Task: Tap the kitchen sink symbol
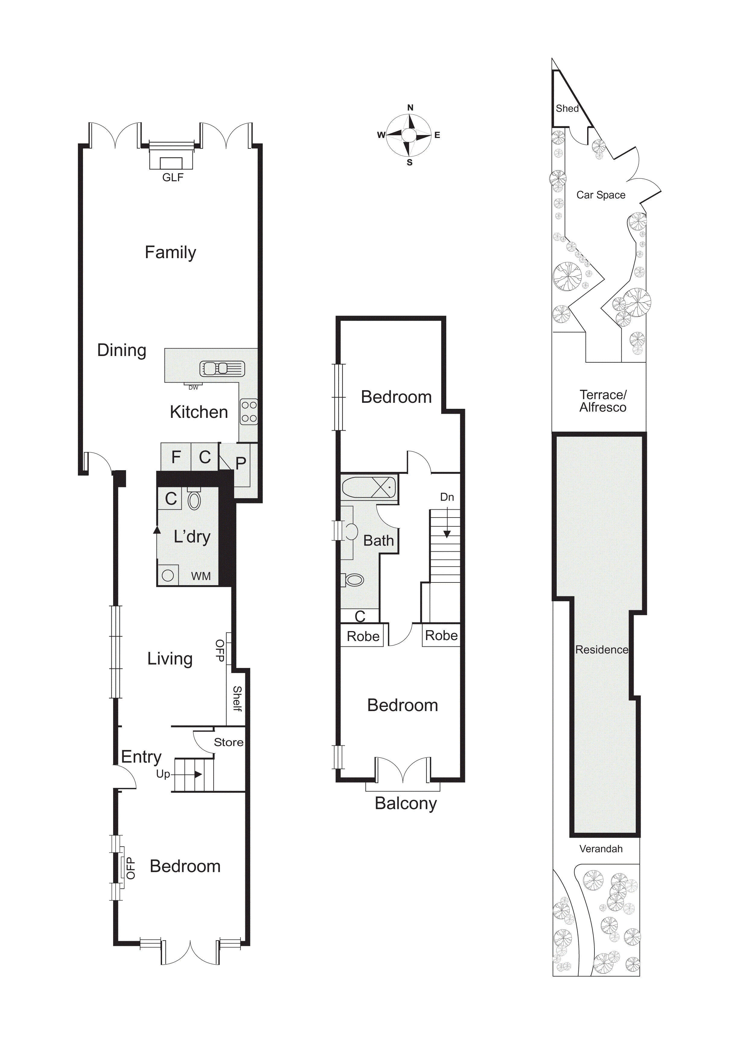pos(222,369)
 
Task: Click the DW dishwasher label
pos(193,387)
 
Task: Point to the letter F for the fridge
pos(176,457)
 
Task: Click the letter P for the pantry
pos(240,463)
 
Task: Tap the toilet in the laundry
pos(194,499)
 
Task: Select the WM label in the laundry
pos(201,576)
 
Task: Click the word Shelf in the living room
pos(237,699)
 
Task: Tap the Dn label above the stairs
pos(447,497)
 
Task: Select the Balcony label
pos(406,804)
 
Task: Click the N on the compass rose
pos(410,108)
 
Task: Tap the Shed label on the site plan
pos(567,108)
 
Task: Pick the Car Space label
pos(601,195)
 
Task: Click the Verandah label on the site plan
pos(601,849)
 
